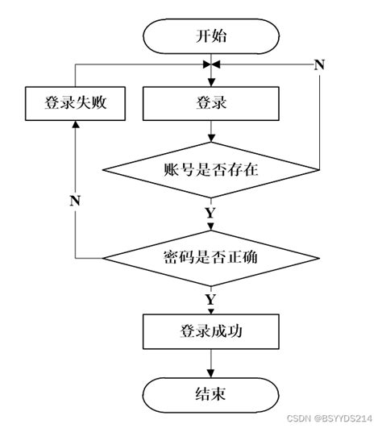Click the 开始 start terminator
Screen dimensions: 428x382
[211, 36]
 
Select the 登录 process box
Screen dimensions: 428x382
[211, 102]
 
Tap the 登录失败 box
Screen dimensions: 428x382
[75, 102]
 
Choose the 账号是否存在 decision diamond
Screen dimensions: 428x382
[211, 169]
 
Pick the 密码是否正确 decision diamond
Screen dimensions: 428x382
[211, 259]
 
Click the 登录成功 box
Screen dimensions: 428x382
[211, 330]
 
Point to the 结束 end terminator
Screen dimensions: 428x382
[211, 394]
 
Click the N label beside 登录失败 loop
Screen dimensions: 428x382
[75, 200]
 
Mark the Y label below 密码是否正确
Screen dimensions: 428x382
[211, 300]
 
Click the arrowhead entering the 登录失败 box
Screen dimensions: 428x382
[75, 125]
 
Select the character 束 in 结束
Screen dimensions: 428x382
[220, 394]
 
